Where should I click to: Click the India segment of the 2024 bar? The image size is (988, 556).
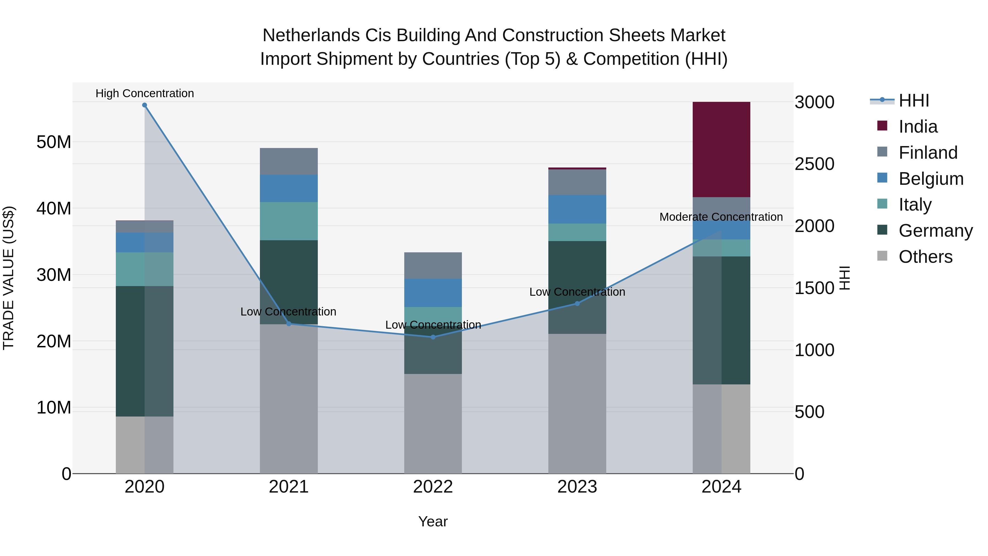pyautogui.click(x=721, y=150)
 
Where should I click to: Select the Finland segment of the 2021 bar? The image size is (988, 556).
pyautogui.click(x=289, y=161)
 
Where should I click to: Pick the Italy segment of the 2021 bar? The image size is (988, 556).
pyautogui.click(x=289, y=221)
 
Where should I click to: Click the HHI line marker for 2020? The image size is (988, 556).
pyautogui.click(x=145, y=105)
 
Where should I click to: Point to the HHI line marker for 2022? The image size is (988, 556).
pyautogui.click(x=433, y=337)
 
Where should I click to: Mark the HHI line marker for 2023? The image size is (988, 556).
pyautogui.click(x=577, y=303)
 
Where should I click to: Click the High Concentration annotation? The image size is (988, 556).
pyautogui.click(x=145, y=93)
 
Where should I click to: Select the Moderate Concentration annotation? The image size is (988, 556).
pyautogui.click(x=721, y=217)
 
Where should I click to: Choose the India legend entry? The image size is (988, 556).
pyautogui.click(x=918, y=127)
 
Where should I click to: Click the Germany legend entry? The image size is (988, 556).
pyautogui.click(x=935, y=231)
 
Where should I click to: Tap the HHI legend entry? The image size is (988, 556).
pyautogui.click(x=914, y=100)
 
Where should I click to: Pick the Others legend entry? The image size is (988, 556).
pyautogui.click(x=925, y=257)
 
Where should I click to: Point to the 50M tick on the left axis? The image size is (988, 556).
pyautogui.click(x=54, y=142)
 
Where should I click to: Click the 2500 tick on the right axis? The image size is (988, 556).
pyautogui.click(x=814, y=164)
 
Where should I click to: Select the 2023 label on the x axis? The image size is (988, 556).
pyautogui.click(x=577, y=487)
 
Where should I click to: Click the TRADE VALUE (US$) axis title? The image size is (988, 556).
pyautogui.click(x=9, y=278)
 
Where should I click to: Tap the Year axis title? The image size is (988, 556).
pyautogui.click(x=433, y=521)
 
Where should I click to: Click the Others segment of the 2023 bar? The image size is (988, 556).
pyautogui.click(x=577, y=403)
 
